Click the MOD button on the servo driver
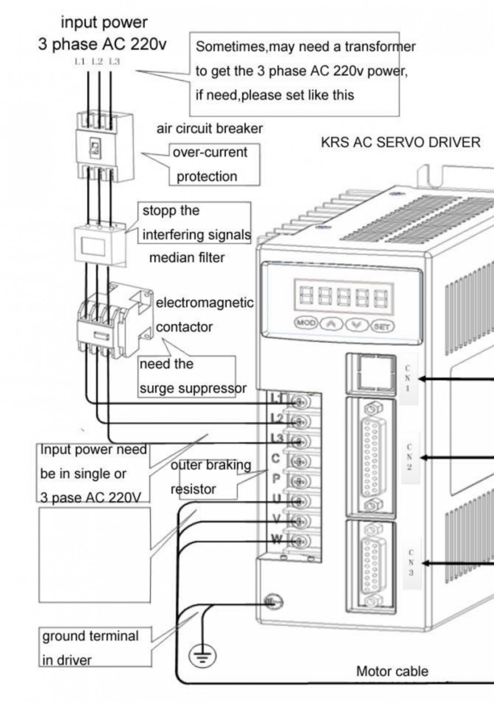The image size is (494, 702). point(306,323)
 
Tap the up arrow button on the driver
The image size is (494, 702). point(332,324)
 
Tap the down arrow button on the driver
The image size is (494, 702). point(358,325)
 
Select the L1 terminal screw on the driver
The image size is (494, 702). point(300,401)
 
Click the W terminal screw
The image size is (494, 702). point(300,541)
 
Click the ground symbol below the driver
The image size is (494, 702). point(203,656)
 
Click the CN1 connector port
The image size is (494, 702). point(371,373)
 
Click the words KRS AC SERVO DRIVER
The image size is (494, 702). point(401,143)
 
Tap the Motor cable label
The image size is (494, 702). point(392,671)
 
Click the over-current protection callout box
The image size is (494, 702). point(214,164)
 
